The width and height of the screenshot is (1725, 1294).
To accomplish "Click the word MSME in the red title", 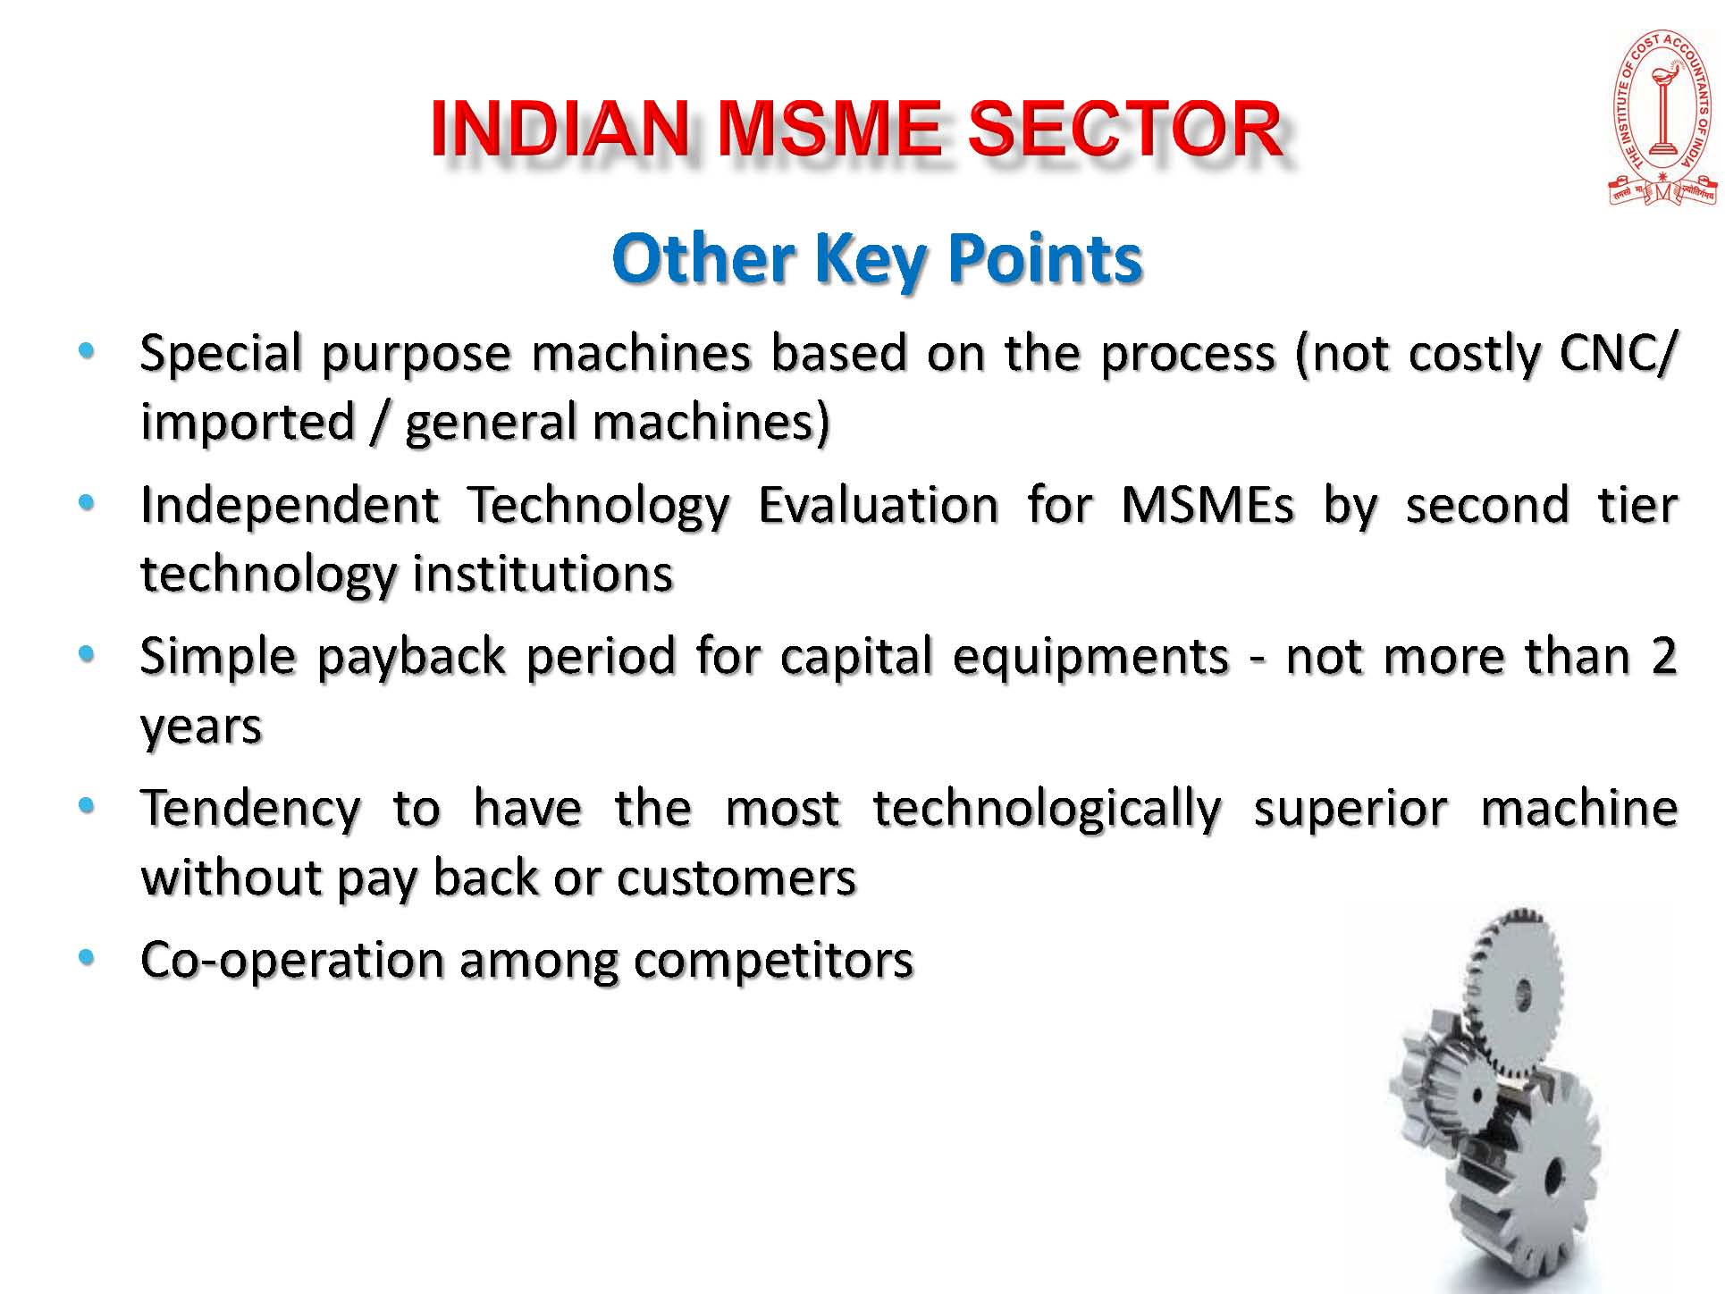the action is (x=829, y=129).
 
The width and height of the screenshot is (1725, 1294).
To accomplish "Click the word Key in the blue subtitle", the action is (x=866, y=258).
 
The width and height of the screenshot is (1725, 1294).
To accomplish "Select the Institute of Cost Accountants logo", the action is (x=1663, y=118).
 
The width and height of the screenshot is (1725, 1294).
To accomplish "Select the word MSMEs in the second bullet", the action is (x=1207, y=504).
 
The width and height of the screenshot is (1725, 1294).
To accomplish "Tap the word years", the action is (x=201, y=727).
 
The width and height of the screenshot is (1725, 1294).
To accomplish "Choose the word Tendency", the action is (x=251, y=809).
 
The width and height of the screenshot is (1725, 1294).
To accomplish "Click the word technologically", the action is (x=1047, y=809).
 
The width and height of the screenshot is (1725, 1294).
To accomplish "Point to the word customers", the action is (x=736, y=878).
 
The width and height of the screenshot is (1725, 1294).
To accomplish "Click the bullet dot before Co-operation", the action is (x=86, y=958).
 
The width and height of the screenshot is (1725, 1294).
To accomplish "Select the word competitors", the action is (x=774, y=961).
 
